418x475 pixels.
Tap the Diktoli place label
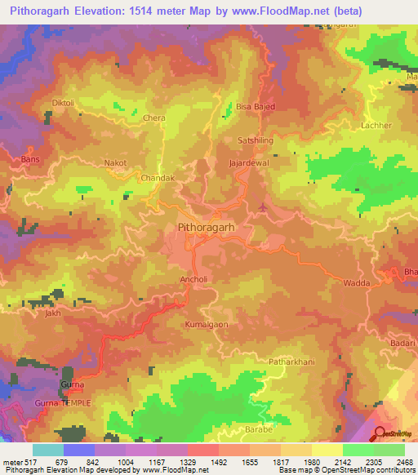63,103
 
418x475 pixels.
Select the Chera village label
154,118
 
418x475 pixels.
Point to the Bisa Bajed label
255,106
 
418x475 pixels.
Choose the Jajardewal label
250,163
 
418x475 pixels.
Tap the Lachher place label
376,126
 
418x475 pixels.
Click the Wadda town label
356,283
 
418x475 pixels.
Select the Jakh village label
54,313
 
